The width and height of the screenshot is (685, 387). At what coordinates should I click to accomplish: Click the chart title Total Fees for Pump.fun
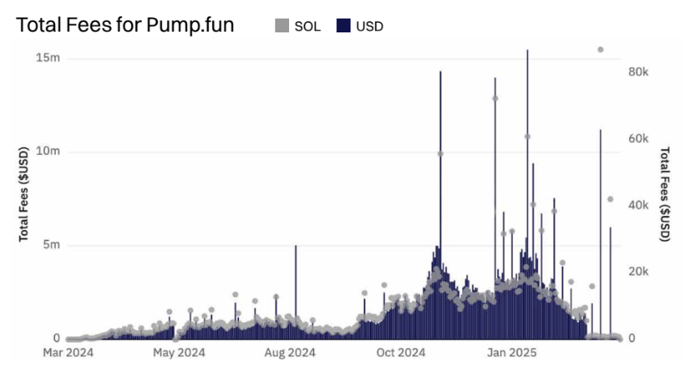click(126, 25)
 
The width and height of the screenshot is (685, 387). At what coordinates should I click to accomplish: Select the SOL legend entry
click(298, 26)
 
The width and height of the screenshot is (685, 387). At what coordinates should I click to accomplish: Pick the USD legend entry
click(360, 26)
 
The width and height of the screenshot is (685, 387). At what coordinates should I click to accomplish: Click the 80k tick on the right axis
click(639, 72)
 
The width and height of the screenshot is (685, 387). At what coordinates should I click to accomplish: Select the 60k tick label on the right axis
click(639, 138)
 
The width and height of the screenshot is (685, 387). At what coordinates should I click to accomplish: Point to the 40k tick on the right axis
click(639, 205)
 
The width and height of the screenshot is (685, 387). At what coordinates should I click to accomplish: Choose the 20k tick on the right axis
click(639, 271)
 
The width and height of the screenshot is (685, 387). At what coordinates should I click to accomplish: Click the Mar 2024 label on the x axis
click(67, 352)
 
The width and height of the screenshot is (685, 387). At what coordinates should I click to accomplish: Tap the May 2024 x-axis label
click(179, 352)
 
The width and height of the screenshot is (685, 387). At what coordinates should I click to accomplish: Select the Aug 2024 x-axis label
click(289, 352)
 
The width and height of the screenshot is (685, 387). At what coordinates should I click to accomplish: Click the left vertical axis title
click(24, 194)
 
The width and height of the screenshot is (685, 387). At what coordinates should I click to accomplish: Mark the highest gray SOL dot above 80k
click(600, 49)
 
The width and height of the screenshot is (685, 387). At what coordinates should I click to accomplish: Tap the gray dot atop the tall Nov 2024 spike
click(440, 154)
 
